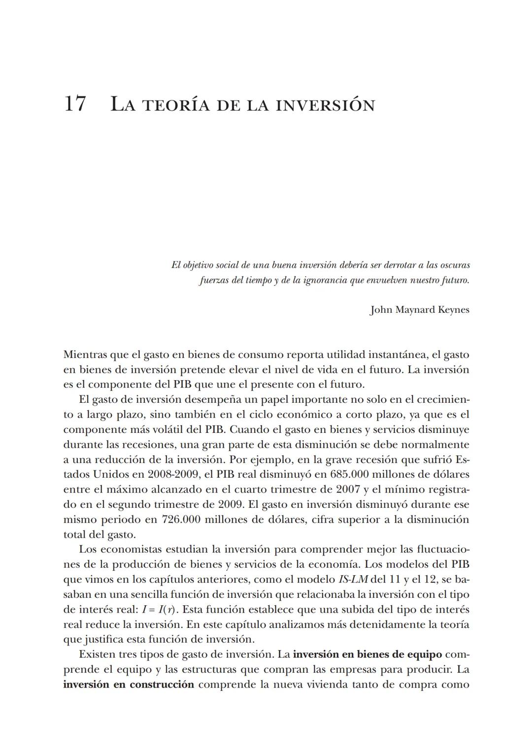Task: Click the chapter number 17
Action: coord(75,104)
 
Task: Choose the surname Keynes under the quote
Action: coord(453,310)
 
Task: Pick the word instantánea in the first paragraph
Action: coord(398,355)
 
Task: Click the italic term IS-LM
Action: coord(353,580)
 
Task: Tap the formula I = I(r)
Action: coord(160,610)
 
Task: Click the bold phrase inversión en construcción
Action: coord(129,685)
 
